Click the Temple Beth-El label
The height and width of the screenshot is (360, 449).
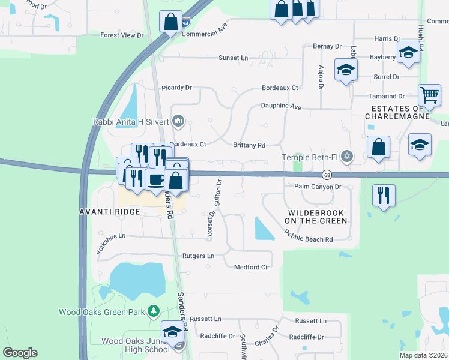(310, 157)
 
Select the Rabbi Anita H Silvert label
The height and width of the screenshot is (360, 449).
(131, 122)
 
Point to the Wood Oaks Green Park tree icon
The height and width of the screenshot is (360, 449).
(154, 311)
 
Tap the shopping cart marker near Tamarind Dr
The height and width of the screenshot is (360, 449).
(430, 95)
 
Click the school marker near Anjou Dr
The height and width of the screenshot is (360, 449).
(346, 70)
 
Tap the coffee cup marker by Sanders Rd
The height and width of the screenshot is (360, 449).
(156, 180)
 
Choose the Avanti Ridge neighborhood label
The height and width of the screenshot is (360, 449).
(110, 212)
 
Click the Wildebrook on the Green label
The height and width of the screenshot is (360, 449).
(316, 217)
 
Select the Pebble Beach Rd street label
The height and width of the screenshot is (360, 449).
(309, 239)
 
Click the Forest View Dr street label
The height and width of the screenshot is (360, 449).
(122, 35)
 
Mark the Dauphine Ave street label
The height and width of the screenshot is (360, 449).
(280, 106)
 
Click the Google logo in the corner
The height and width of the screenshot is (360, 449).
(20, 353)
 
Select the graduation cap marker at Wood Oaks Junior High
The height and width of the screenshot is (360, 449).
(172, 332)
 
